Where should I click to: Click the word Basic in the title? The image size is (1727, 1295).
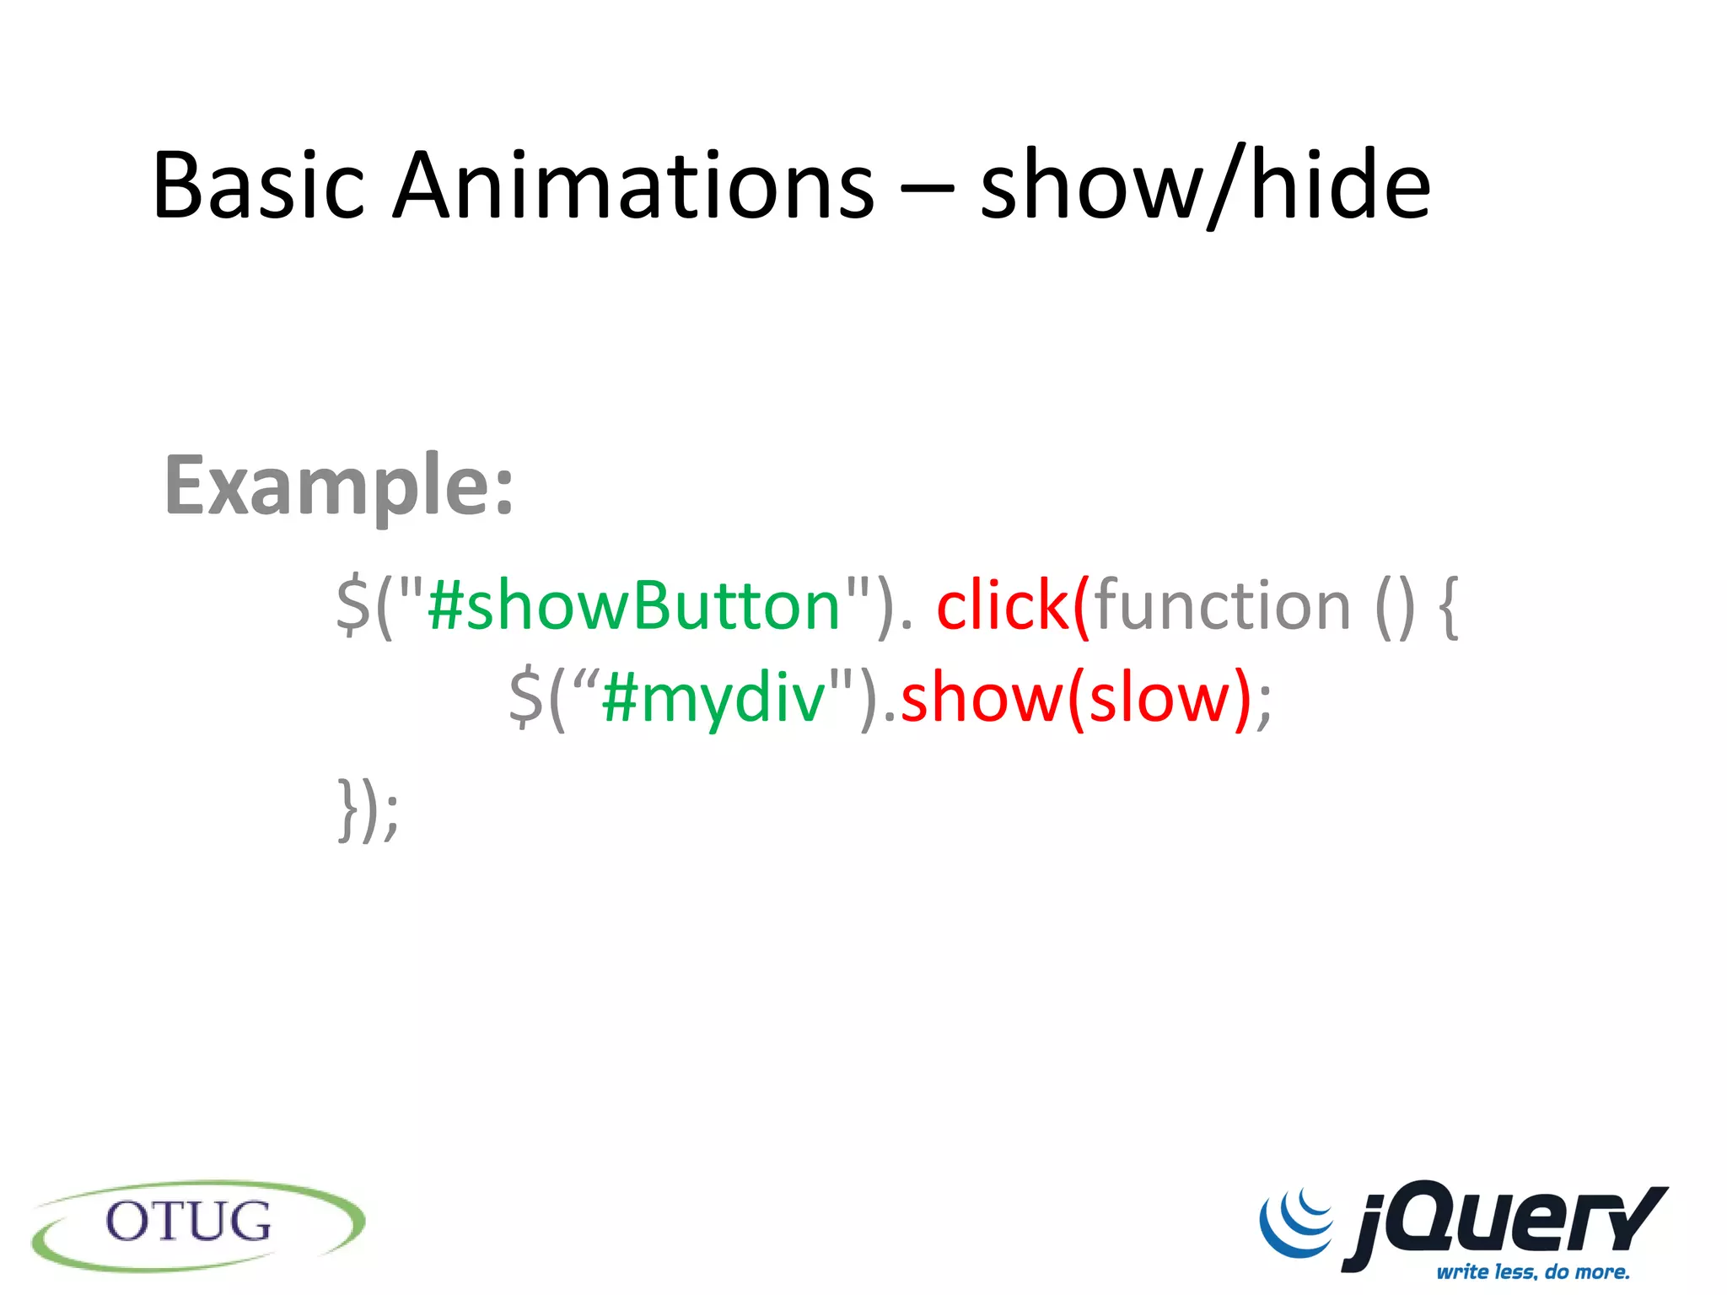pyautogui.click(x=258, y=185)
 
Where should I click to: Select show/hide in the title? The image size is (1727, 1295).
pyautogui.click(x=1206, y=185)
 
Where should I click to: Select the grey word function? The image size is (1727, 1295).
pyautogui.click(x=1223, y=605)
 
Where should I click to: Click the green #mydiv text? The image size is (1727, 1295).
pyautogui.click(x=713, y=697)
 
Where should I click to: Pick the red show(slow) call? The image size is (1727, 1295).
pyautogui.click(x=1075, y=697)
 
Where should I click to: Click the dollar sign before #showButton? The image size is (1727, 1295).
pyautogui.click(x=352, y=605)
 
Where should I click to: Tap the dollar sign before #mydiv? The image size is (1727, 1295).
pyautogui.click(x=526, y=697)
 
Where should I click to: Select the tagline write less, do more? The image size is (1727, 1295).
pyautogui.click(x=1533, y=1271)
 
